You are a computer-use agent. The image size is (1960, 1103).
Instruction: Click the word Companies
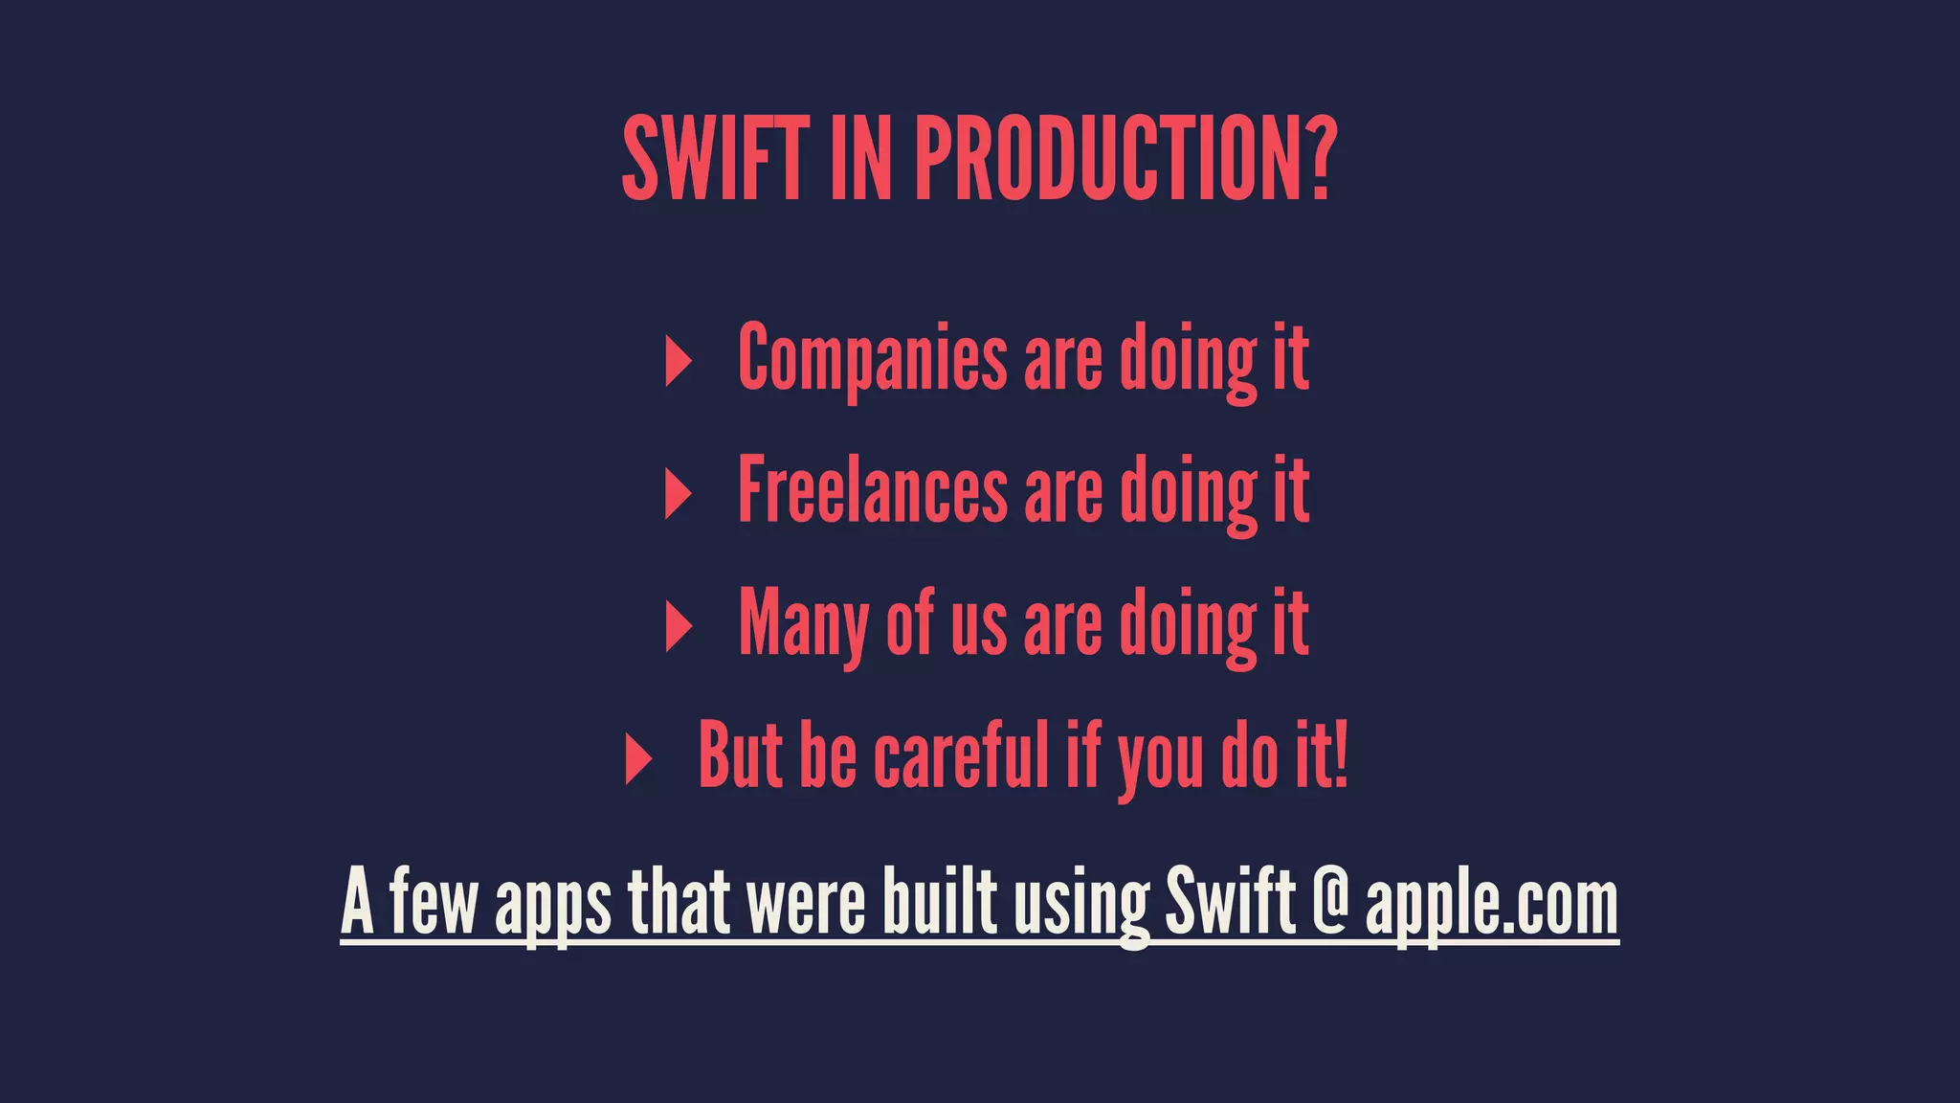[x=872, y=358]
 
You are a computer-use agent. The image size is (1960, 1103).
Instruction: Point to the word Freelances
[x=872, y=490]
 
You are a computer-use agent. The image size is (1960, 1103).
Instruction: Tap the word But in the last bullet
[x=741, y=755]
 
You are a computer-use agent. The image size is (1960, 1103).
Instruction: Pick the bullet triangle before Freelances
[x=678, y=495]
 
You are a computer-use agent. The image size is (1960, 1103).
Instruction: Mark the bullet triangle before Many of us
[x=678, y=627]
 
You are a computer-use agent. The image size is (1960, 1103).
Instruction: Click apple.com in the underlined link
[x=1491, y=905]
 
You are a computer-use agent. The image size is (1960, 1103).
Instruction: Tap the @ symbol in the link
[x=1329, y=902]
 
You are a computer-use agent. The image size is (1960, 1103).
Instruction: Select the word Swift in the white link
[x=1229, y=902]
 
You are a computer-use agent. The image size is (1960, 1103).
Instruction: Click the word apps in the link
[x=552, y=905]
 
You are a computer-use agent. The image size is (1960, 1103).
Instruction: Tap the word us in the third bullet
[x=977, y=627]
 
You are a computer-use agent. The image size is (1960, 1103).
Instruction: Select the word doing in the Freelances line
[x=1188, y=492]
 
